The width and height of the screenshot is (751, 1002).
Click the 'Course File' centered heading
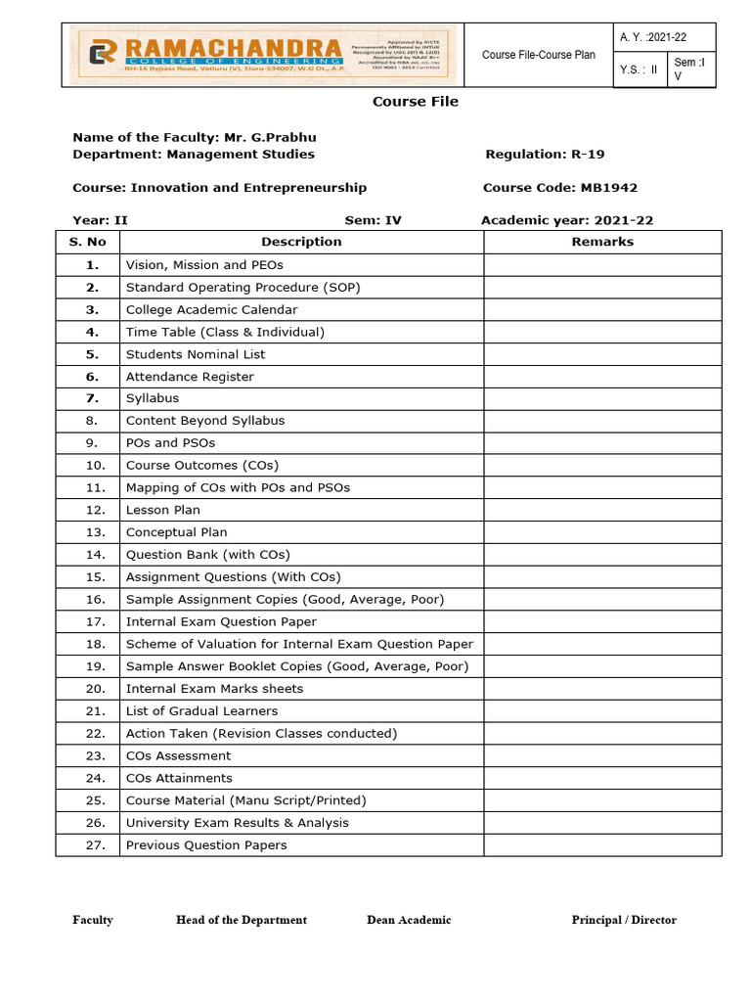click(415, 102)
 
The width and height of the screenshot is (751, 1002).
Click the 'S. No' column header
click(87, 242)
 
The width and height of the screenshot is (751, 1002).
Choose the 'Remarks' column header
click(602, 242)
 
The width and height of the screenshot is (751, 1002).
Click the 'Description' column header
click(301, 242)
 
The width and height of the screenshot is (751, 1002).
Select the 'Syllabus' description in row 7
click(153, 398)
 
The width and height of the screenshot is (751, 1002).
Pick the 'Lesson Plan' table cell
click(163, 510)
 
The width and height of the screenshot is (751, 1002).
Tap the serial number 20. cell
click(95, 689)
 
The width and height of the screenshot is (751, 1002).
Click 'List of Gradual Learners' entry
click(201, 711)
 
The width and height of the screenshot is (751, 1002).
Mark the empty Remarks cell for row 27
click(602, 845)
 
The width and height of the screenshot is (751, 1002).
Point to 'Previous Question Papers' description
click(206, 845)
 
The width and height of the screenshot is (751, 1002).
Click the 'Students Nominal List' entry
click(196, 354)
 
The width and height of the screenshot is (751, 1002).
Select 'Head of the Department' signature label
click(242, 920)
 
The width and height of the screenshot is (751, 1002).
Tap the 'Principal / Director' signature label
click(624, 920)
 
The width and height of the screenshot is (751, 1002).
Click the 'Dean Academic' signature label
click(409, 920)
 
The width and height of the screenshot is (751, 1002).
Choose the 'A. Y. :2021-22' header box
click(653, 37)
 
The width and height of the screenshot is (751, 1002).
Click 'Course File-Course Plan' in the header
click(539, 55)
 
